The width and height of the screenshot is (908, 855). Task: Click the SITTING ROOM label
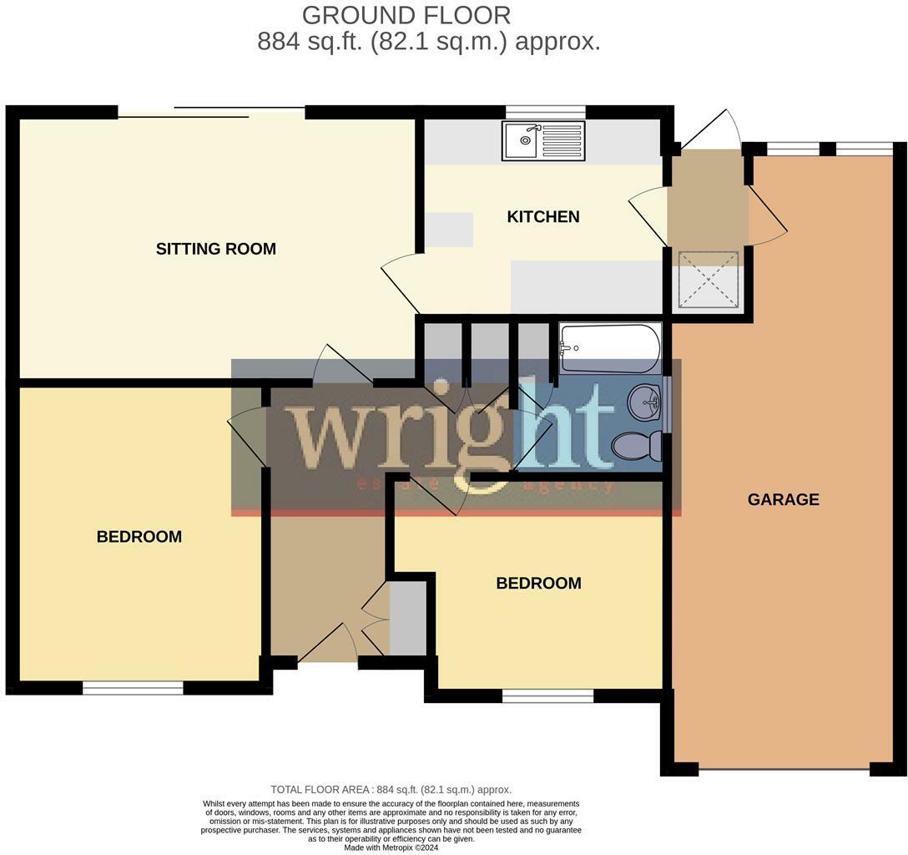[215, 249]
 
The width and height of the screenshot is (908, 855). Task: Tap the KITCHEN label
[543, 217]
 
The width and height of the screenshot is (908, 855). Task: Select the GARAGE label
[783, 500]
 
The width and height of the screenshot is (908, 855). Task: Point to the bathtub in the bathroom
[610, 347]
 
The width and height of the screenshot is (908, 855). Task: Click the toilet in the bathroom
[638, 445]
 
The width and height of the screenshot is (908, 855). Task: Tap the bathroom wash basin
[643, 403]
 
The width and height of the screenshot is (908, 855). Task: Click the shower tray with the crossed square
[707, 279]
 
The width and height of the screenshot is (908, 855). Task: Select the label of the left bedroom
[139, 537]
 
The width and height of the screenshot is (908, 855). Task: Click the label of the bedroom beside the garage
[538, 584]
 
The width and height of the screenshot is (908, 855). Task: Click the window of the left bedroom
[133, 688]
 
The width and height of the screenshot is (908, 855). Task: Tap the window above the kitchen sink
[545, 112]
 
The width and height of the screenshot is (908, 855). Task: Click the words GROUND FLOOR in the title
[406, 15]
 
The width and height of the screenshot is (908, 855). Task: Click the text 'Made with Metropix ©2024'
[391, 848]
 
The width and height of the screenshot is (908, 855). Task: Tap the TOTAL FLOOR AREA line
[391, 789]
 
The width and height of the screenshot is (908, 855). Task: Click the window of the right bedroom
[547, 696]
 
